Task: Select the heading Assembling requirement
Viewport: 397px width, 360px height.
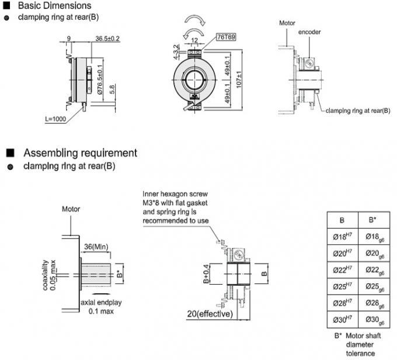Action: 80,153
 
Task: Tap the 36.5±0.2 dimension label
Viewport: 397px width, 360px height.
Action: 107,39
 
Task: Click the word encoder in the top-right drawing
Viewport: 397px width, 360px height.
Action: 309,32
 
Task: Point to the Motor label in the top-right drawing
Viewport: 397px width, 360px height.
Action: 287,23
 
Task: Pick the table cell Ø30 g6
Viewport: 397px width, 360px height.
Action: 373,320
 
